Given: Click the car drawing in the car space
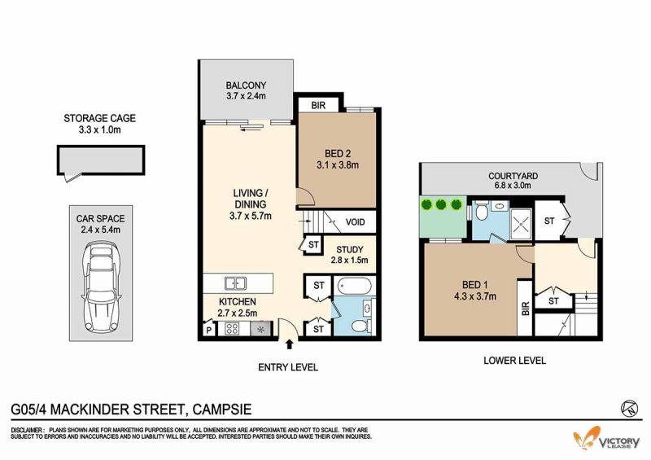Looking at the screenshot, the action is pos(101,287).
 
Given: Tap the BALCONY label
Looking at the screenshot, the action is pos(246,85).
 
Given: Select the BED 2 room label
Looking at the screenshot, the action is pos(338,154).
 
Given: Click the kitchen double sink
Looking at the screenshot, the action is pos(235,283).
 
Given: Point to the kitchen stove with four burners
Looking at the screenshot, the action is pos(232,329).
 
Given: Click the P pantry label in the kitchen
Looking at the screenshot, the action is pos(209,331).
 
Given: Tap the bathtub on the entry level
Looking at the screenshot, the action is pos(355,286).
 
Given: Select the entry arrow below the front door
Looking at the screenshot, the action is pos(290,344).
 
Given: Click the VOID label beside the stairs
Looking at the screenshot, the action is pos(355,222).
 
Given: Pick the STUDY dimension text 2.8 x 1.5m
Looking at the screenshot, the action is pos(350,261).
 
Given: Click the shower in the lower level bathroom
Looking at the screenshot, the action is pos(521,224).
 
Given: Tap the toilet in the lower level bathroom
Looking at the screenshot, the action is pos(482,212).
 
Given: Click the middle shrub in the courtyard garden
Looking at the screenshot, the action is pos(441,204).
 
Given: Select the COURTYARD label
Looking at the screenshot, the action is pos(513,176).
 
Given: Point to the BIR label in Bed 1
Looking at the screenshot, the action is pos(525,309).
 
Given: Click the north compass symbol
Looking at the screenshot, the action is pos(630,408).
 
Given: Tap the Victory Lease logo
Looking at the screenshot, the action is pos(606,438).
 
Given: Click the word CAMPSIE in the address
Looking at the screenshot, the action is pos(222,410).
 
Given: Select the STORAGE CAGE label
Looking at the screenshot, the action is pos(99,118).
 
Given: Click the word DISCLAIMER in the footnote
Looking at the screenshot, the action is pos(27,430).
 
